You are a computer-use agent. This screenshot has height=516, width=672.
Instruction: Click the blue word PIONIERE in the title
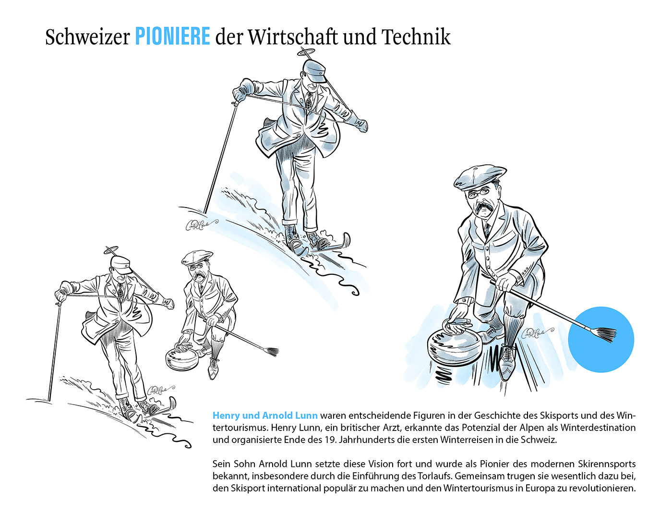click(172, 37)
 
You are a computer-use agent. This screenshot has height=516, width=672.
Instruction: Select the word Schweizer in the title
click(87, 37)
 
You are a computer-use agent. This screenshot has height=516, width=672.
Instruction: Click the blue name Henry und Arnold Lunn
click(265, 416)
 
